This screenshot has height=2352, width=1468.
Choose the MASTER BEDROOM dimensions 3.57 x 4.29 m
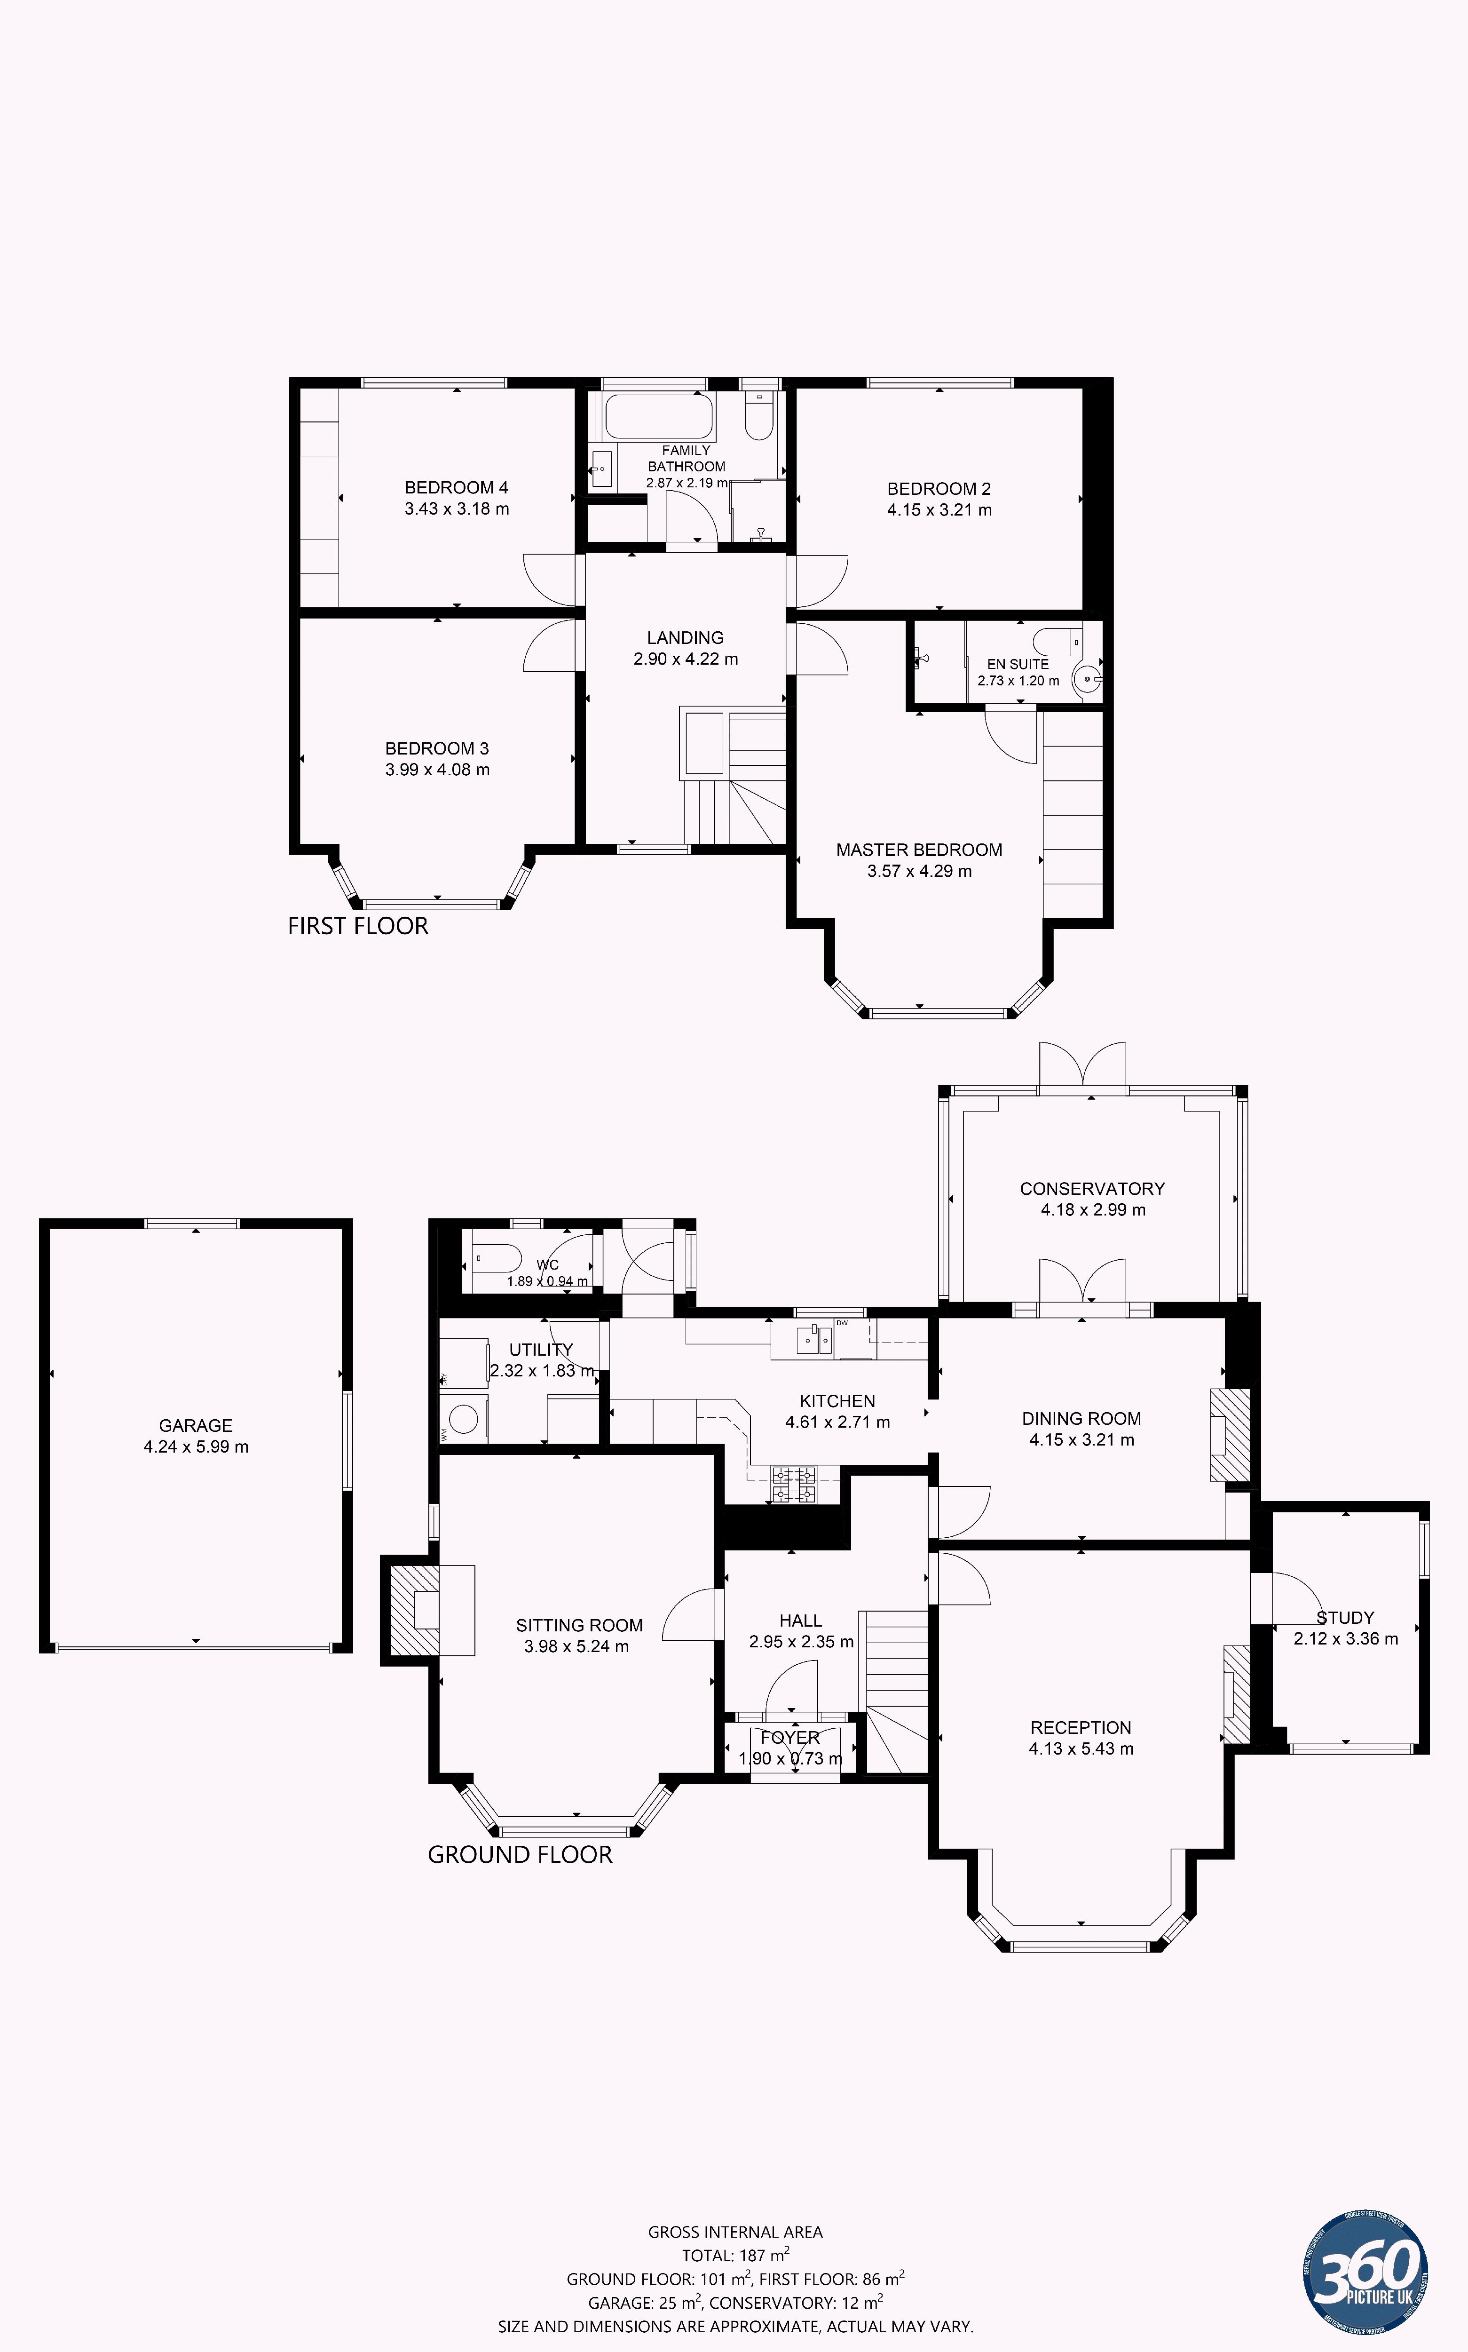point(918,871)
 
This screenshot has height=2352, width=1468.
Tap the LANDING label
point(686,638)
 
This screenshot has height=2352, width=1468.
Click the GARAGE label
point(195,1426)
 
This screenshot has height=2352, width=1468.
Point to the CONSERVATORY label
point(1091,1189)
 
